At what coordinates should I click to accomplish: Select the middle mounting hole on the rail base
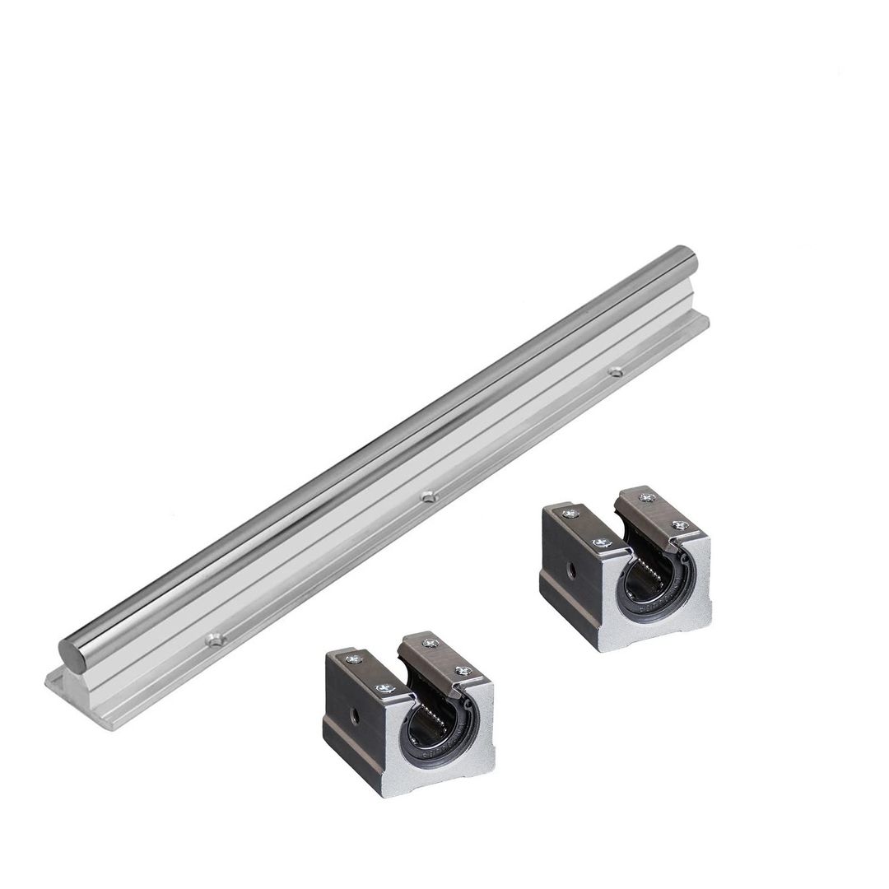tap(426, 496)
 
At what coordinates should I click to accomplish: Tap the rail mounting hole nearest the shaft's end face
tap(214, 638)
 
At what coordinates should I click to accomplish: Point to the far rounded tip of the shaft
tap(685, 256)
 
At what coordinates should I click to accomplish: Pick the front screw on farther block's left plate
tap(598, 542)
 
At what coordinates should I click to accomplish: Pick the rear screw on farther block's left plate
tap(568, 514)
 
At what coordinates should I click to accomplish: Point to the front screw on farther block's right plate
tap(679, 524)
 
